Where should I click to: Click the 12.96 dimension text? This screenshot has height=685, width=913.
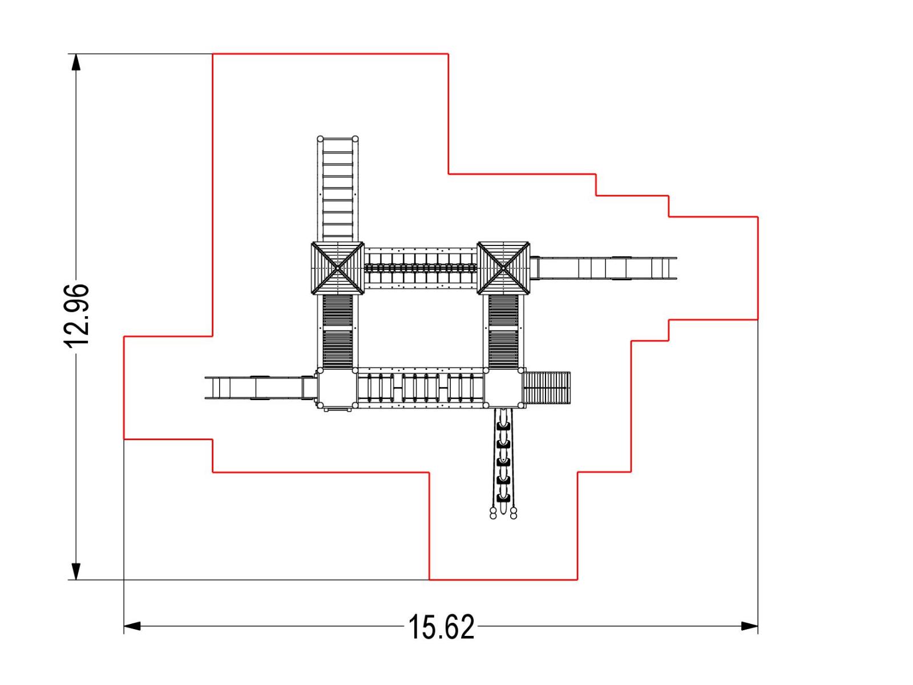(76, 315)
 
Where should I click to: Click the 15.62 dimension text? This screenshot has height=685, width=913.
(441, 627)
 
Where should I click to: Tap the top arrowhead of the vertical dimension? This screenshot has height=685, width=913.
(76, 62)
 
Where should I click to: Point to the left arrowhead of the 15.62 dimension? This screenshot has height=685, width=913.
(132, 626)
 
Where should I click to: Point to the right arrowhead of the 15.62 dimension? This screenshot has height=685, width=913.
(749, 626)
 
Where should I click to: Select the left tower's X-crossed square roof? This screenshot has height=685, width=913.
(337, 268)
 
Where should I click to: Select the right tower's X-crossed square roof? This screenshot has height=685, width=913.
(503, 268)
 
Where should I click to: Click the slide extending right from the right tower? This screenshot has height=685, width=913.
(604, 268)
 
